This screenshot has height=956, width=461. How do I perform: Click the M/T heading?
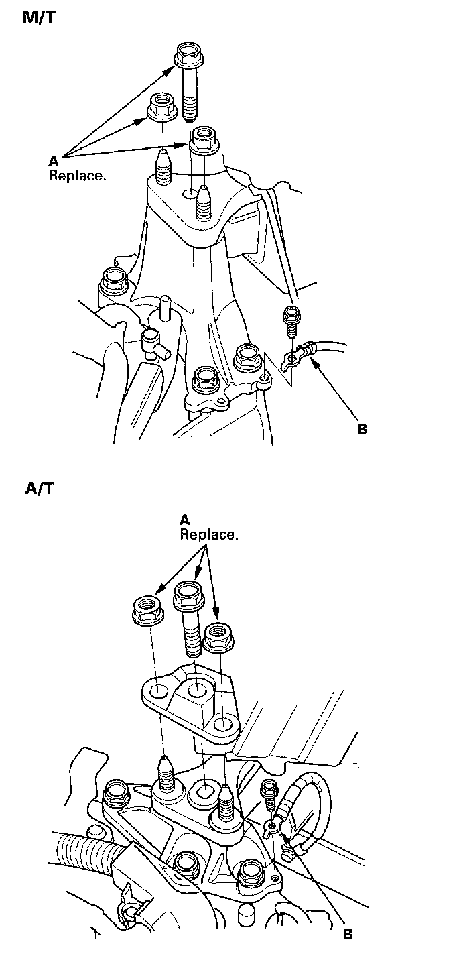tap(39, 18)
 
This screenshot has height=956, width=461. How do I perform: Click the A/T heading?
tap(39, 488)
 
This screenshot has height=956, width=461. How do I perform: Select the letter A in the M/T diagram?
tap(53, 160)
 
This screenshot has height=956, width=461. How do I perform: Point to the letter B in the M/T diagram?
tap(362, 429)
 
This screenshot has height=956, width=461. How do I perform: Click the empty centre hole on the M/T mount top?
tap(190, 194)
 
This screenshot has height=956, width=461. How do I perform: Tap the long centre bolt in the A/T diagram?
tap(190, 617)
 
